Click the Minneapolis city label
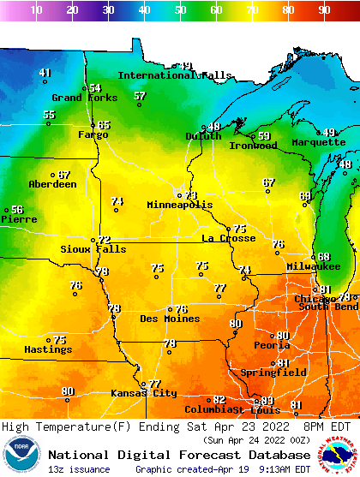[x=179, y=206]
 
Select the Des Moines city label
[x=170, y=319]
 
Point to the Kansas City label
[x=143, y=393]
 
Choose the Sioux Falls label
[x=93, y=249]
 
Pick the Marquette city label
[x=318, y=142]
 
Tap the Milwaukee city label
[x=314, y=267]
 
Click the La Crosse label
[x=228, y=238]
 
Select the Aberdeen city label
[x=52, y=184]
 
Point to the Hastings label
[x=47, y=349]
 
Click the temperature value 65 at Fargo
[x=104, y=125]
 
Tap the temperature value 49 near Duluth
[x=214, y=127]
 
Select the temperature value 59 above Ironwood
[x=264, y=136]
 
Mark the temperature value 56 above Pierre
[x=17, y=210]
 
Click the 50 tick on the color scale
[x=180, y=10]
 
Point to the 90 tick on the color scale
[x=324, y=10]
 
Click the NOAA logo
[x=21, y=455]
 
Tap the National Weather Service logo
[x=339, y=455]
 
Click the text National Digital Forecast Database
[x=178, y=455]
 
